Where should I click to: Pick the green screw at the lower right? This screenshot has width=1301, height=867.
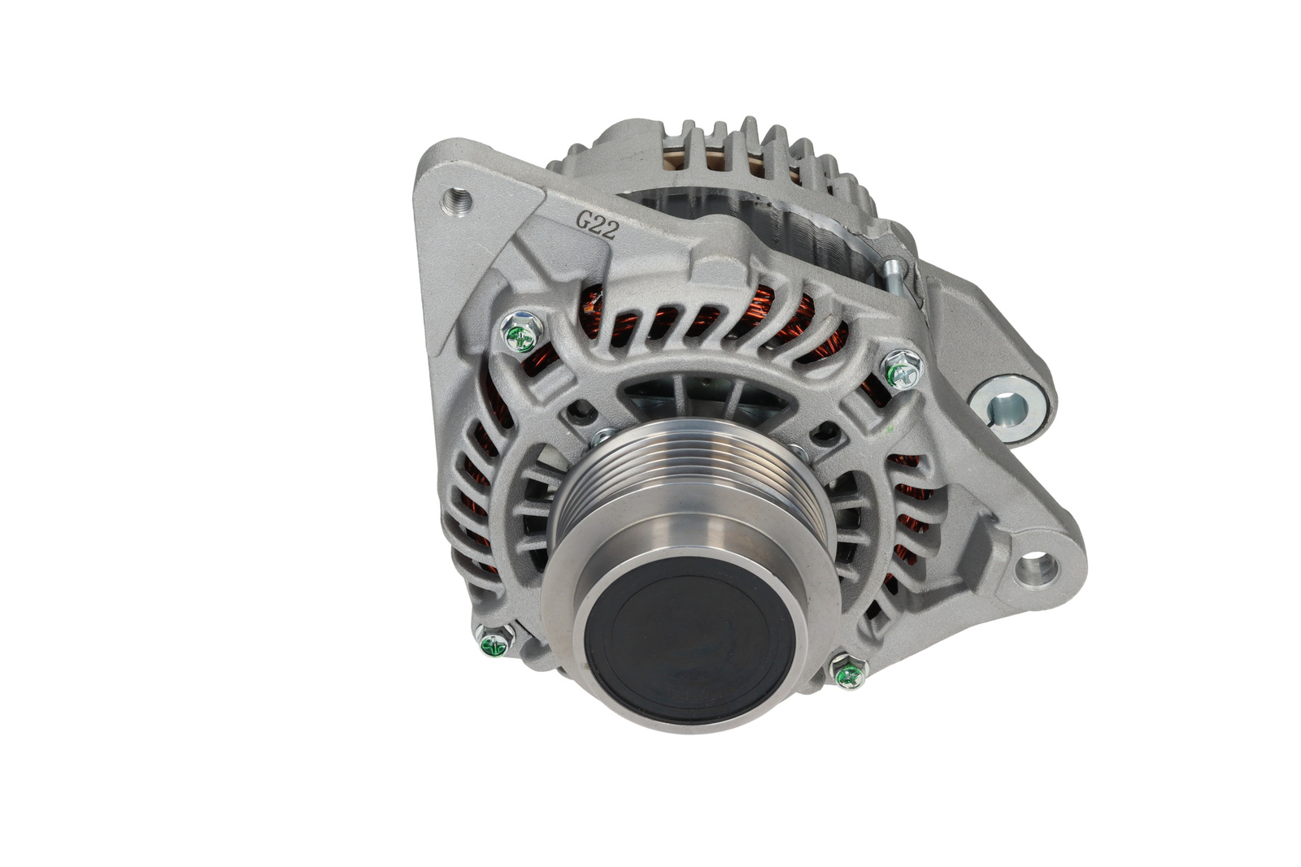click(849, 672)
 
